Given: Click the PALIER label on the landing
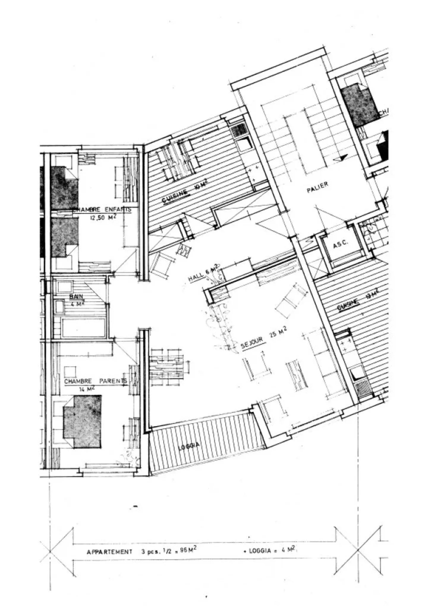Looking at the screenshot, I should [317, 187].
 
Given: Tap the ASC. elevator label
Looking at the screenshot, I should [340, 244].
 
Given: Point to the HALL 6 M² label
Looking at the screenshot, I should [204, 274].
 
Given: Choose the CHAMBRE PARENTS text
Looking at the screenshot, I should [95, 381].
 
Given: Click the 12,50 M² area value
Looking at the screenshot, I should [103, 217].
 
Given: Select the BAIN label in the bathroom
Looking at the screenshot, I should [76, 296].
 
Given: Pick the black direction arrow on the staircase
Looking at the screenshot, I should [343, 158].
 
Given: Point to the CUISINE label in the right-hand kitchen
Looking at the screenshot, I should [348, 304].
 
